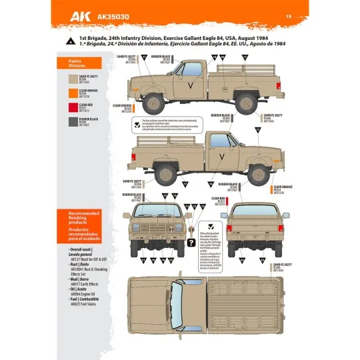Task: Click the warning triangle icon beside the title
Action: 71,41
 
